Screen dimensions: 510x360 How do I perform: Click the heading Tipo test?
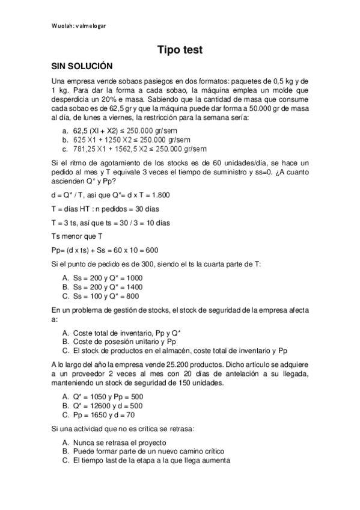click(x=180, y=51)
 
